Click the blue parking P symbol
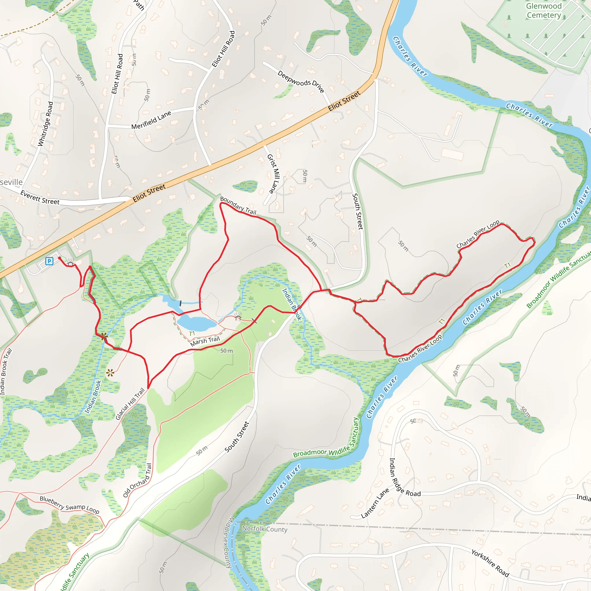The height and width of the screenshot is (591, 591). tap(49, 261)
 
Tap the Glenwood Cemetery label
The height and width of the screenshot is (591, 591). tap(544, 11)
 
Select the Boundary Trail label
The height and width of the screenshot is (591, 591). tap(238, 205)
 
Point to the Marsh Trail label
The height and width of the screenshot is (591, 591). tap(205, 341)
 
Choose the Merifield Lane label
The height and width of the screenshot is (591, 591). tap(151, 120)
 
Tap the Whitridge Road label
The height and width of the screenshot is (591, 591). tap(45, 124)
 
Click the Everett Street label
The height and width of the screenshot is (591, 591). tap(40, 197)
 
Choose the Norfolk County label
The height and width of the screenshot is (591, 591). tap(265, 529)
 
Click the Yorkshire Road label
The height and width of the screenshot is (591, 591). tap(490, 563)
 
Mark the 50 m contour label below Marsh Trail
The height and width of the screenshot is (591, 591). tap(226, 351)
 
